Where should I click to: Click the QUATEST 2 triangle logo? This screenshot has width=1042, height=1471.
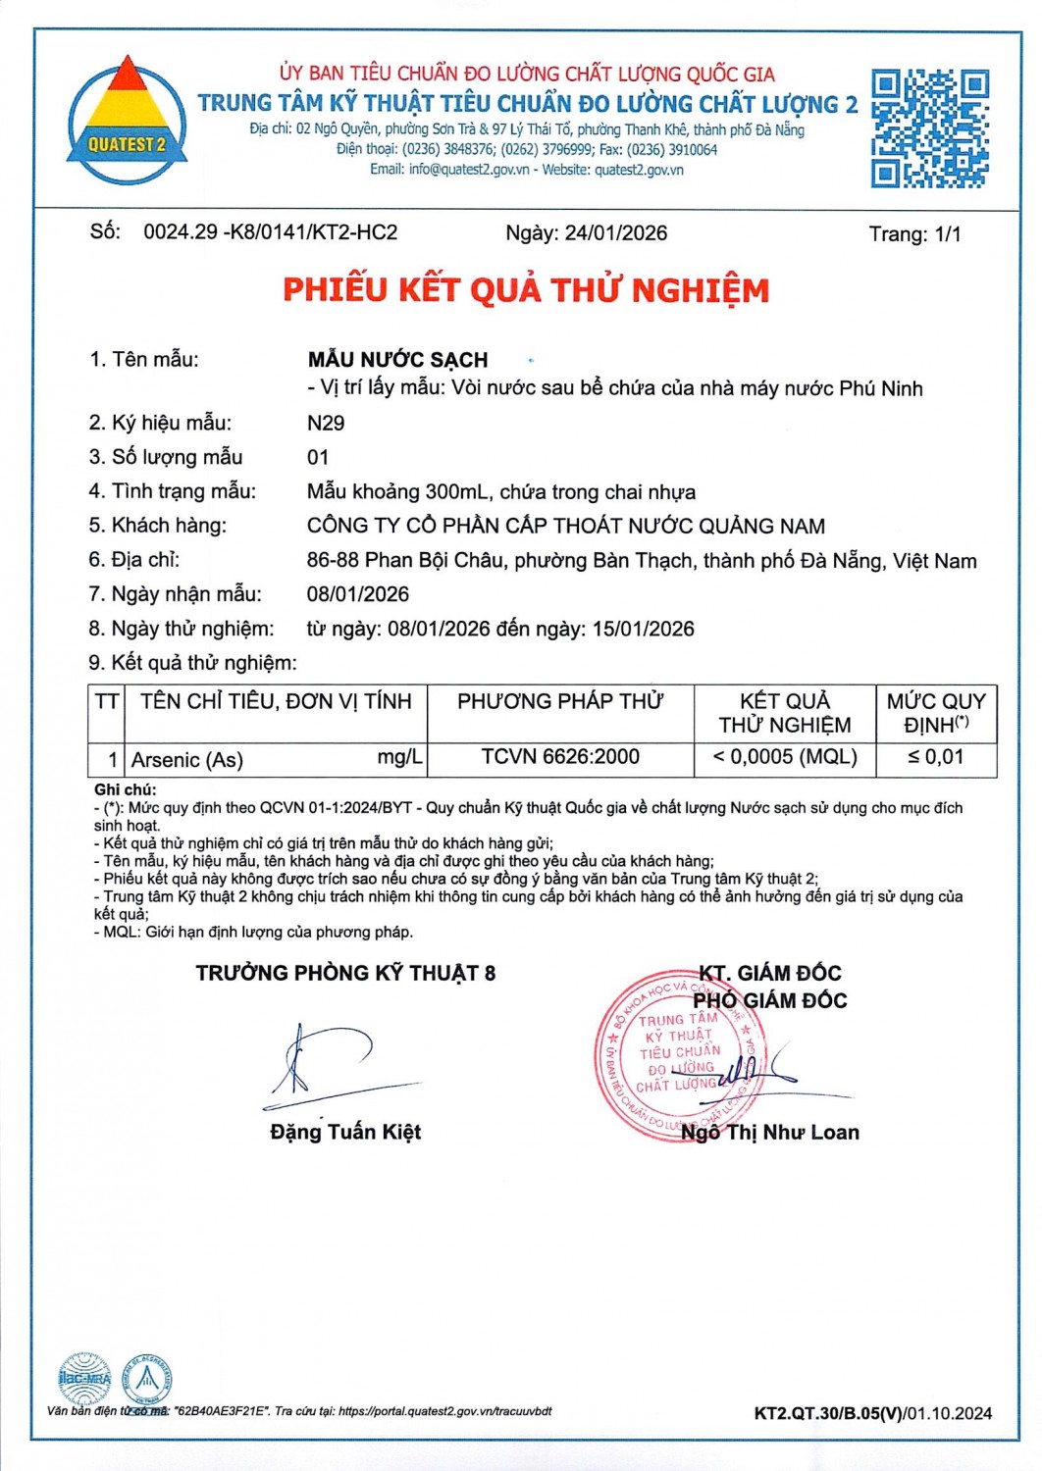point(127,121)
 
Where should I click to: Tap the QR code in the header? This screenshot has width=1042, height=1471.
point(929,127)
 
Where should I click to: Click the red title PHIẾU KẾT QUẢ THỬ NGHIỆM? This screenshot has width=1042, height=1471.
point(526,290)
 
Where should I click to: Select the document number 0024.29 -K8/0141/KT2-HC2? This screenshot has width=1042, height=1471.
point(270,232)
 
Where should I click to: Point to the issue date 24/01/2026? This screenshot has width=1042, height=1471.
point(615,233)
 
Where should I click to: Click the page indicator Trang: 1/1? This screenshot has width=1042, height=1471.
point(914,234)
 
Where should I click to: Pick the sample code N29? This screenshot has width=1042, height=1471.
point(326,423)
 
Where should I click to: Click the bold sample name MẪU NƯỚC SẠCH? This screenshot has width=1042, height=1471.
point(397,360)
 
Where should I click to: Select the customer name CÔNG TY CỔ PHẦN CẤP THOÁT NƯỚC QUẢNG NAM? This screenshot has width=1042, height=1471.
point(566,526)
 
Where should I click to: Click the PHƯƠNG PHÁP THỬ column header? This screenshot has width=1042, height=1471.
point(560,701)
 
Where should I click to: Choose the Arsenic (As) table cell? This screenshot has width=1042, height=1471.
point(187,760)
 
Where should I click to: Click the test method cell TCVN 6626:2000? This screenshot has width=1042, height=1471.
point(560,757)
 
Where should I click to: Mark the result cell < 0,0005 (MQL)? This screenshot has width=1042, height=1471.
point(785,757)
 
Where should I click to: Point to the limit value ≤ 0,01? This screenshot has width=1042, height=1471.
point(935,757)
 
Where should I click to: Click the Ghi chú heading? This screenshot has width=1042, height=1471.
point(125,789)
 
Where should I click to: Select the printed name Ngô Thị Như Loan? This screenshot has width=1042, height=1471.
point(770,1133)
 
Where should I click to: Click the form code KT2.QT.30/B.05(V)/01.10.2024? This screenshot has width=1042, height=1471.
point(872,1413)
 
